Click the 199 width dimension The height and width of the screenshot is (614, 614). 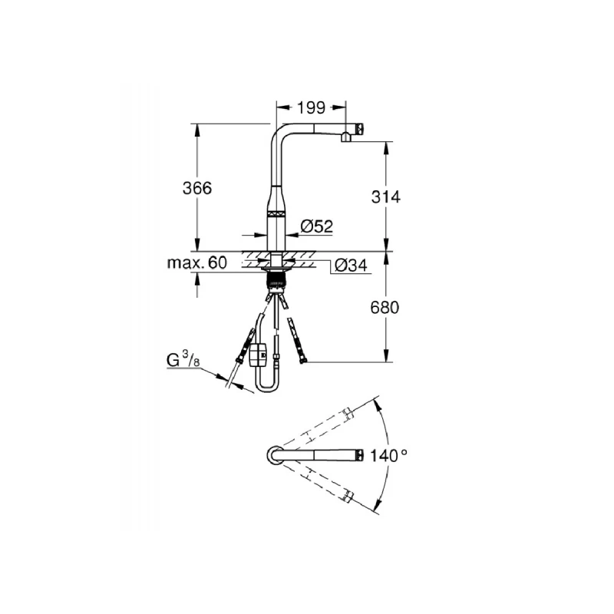pos(312,107)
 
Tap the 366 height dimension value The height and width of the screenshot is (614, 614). pos(197,188)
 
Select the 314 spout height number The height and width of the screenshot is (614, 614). pos(386,197)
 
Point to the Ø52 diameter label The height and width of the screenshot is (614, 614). pos(317,226)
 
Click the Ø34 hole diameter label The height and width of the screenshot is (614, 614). pos(351,266)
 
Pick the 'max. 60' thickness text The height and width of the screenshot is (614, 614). pos(197,262)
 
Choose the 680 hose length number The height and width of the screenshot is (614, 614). pos(385,308)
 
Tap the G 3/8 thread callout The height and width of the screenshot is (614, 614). pos(183,359)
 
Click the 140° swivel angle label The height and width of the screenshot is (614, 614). pos(388,455)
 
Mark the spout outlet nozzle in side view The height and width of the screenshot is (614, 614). pos(346,138)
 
